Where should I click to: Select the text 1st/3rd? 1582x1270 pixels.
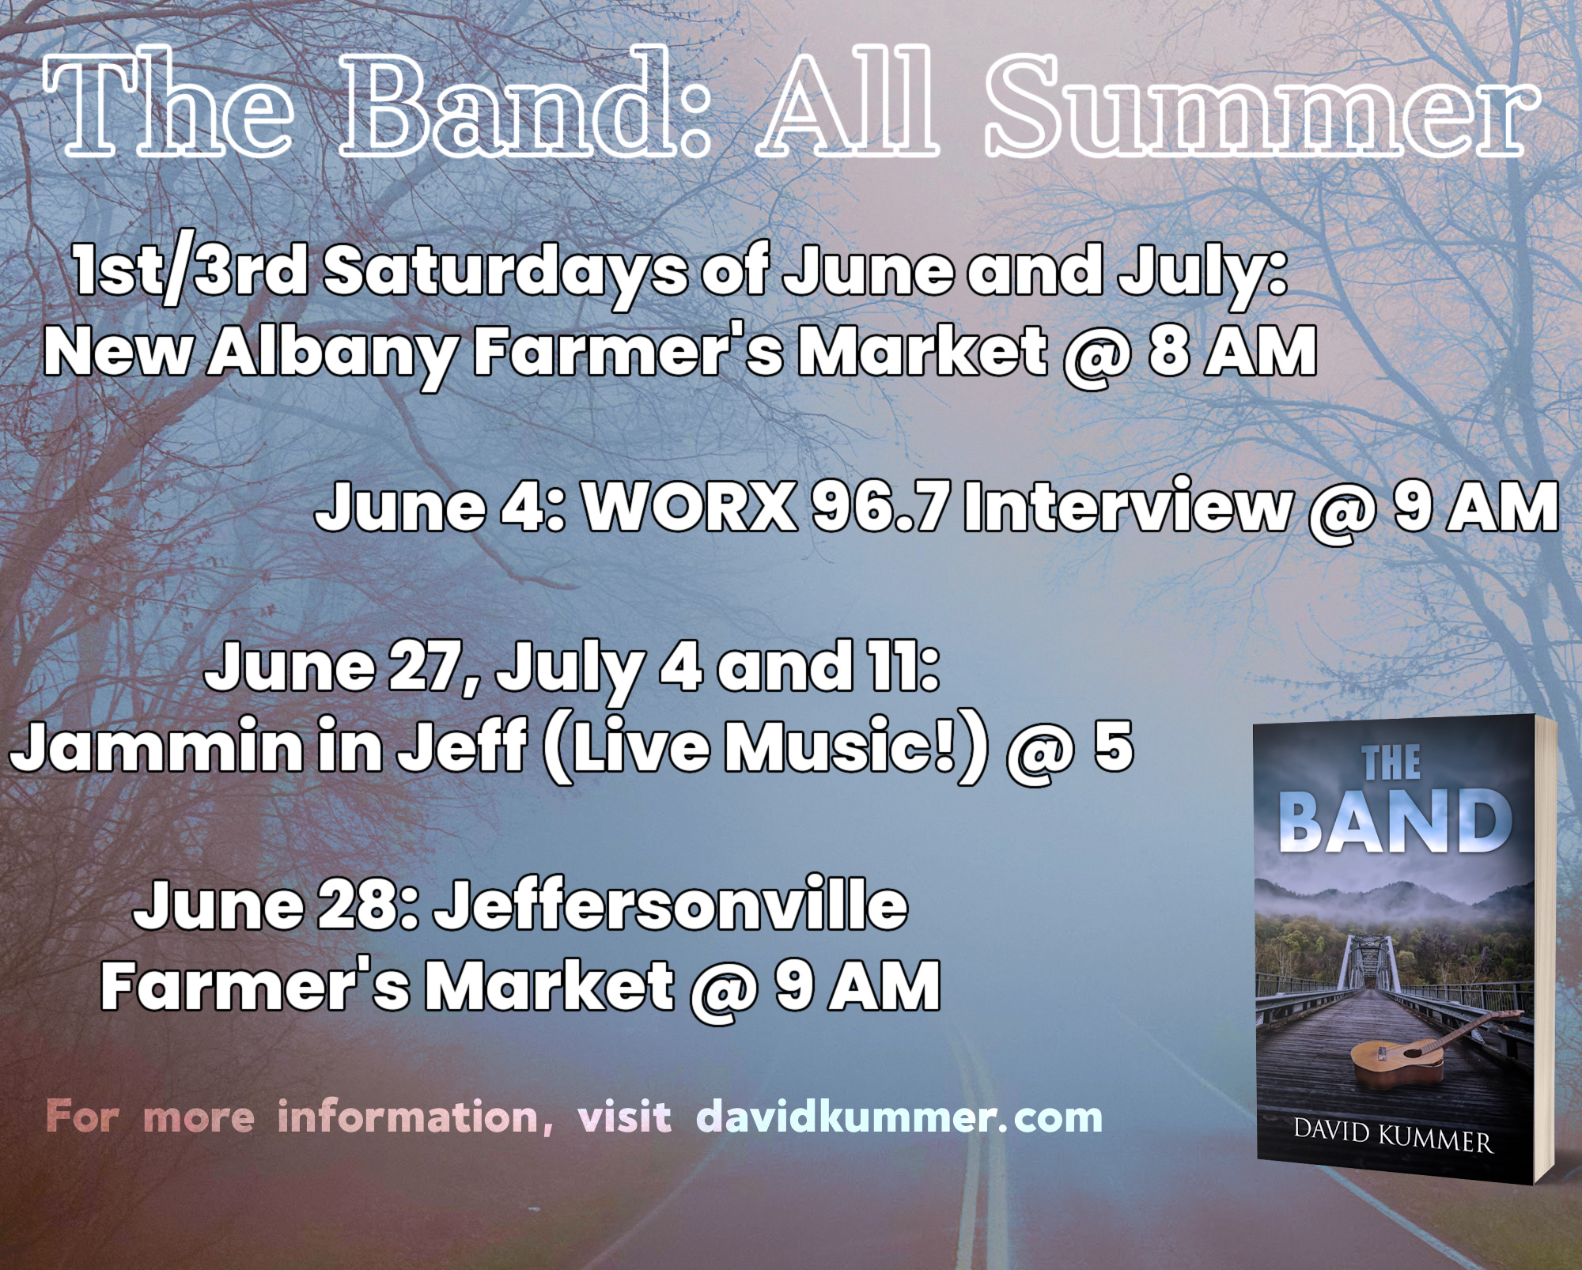[191, 271]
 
